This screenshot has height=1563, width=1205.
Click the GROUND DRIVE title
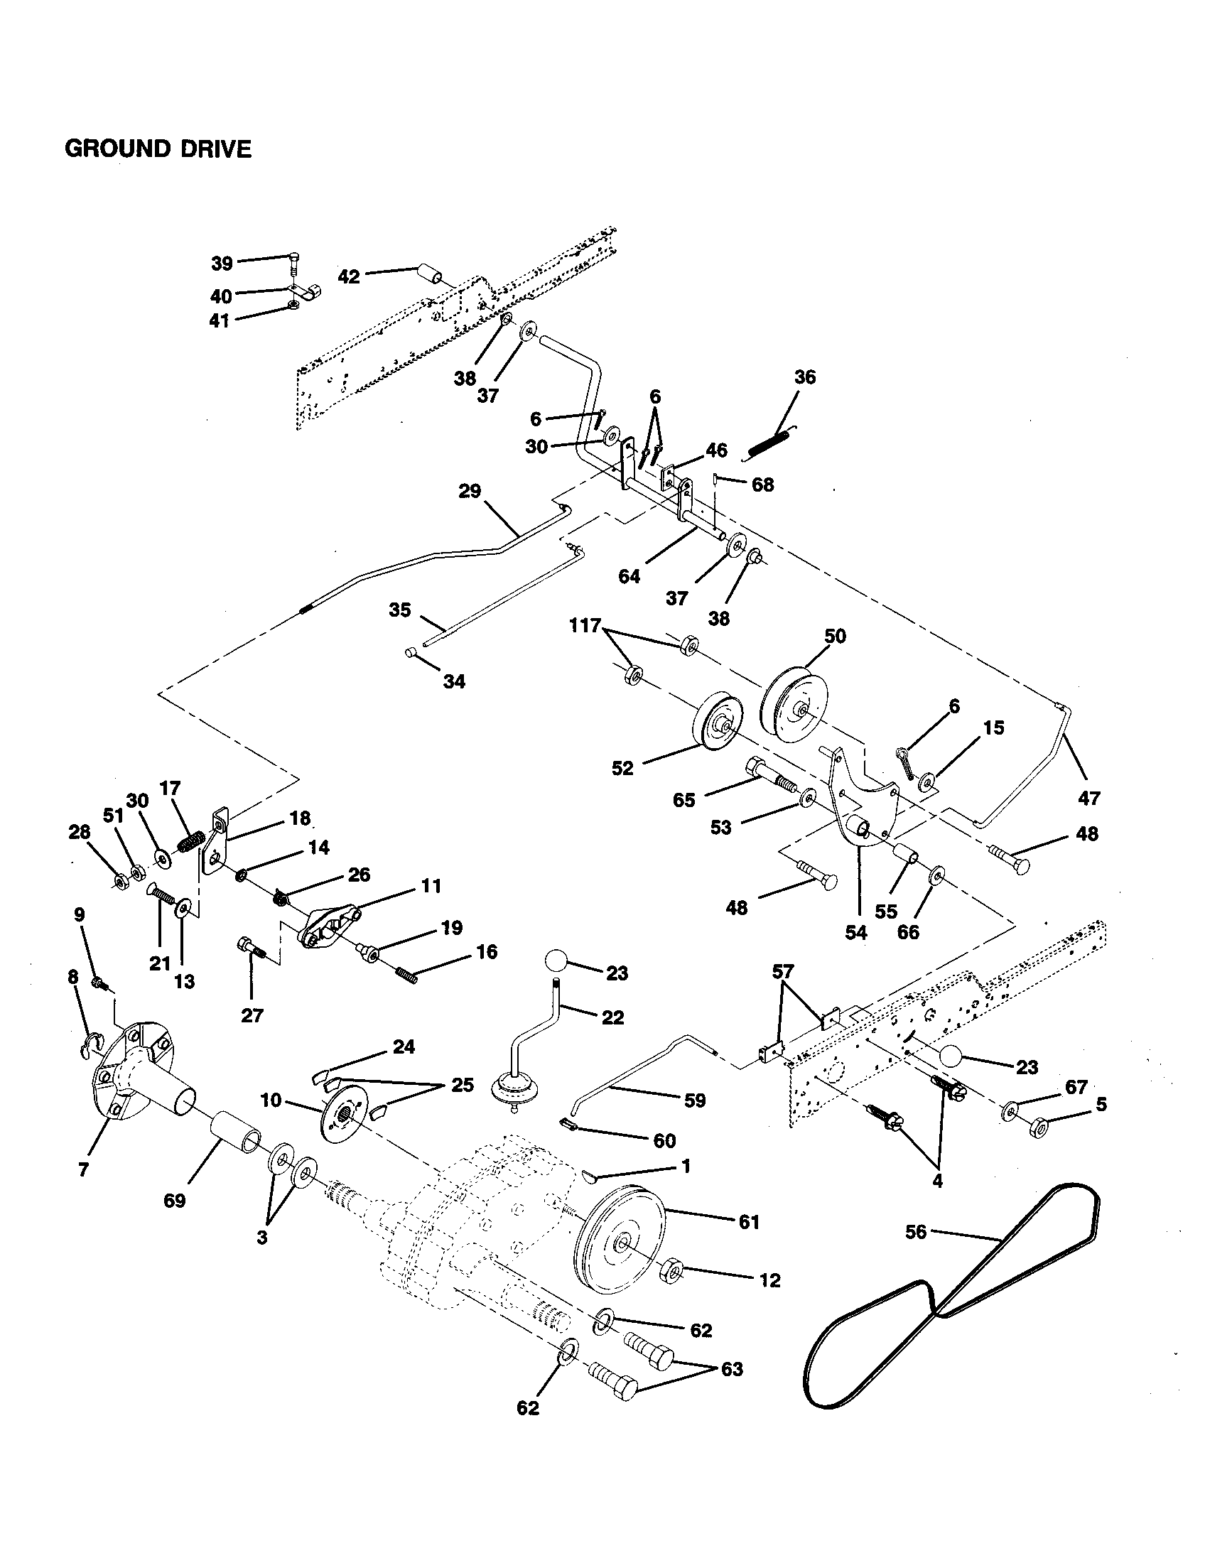[x=158, y=149]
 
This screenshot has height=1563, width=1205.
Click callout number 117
[x=585, y=625]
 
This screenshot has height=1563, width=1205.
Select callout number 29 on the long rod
[x=470, y=492]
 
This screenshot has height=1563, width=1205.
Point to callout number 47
[x=1088, y=797]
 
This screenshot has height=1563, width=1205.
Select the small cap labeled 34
[x=412, y=652]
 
